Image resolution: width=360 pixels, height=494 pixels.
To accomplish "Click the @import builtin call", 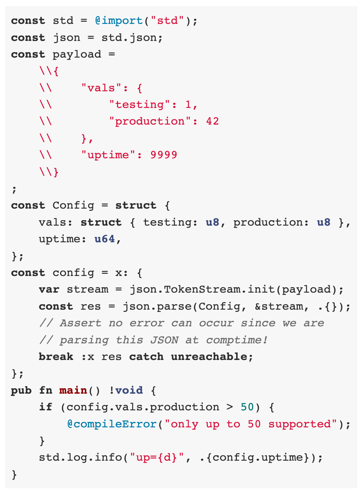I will [119, 21].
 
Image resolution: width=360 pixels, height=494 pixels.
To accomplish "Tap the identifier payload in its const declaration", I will [77, 54].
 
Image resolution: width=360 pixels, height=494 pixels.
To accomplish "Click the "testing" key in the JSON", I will [139, 105].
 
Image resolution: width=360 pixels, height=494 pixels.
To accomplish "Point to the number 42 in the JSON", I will [213, 121].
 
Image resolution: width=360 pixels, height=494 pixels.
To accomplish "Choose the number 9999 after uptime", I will [164, 155].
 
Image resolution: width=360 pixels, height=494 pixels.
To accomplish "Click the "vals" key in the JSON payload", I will [98, 88].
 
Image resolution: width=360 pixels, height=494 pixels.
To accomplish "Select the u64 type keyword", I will [105, 239].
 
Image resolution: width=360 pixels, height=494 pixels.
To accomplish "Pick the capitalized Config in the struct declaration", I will [73, 205].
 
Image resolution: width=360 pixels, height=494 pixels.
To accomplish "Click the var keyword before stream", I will [49, 289].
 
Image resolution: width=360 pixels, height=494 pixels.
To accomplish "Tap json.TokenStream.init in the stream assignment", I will [185, 289].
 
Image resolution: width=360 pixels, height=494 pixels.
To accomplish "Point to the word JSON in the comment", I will [164, 340].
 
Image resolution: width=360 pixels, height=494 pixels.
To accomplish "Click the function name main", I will [73, 390].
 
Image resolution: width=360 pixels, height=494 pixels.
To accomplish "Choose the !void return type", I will [126, 390].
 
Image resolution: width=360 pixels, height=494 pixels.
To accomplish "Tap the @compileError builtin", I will [112, 424].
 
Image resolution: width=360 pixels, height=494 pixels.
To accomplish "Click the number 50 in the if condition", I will [247, 407].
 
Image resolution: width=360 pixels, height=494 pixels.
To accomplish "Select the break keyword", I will [56, 357].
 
